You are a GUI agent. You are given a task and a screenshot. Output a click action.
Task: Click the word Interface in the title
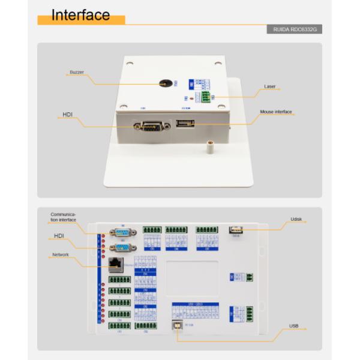point(80,15)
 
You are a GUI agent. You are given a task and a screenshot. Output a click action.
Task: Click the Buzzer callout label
point(76,72)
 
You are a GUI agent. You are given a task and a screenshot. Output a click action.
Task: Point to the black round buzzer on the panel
point(164,84)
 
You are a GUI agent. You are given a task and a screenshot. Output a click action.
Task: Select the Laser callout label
point(270,86)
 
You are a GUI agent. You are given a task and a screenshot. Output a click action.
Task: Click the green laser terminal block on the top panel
point(206,97)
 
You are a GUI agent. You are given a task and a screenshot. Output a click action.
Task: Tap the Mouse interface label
point(275,112)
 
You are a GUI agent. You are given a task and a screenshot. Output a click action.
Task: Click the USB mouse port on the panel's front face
point(185,125)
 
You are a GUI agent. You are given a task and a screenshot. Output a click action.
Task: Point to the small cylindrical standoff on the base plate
point(211,146)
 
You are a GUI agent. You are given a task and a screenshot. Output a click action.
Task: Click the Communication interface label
point(62,217)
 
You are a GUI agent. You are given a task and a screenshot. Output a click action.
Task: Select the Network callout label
point(60,255)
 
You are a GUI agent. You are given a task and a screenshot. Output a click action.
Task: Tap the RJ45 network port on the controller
point(115,263)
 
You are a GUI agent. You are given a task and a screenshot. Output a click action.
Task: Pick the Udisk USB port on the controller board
point(236,229)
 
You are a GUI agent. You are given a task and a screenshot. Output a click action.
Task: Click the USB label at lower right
point(293,326)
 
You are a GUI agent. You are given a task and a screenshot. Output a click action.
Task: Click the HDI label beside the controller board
point(59,236)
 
